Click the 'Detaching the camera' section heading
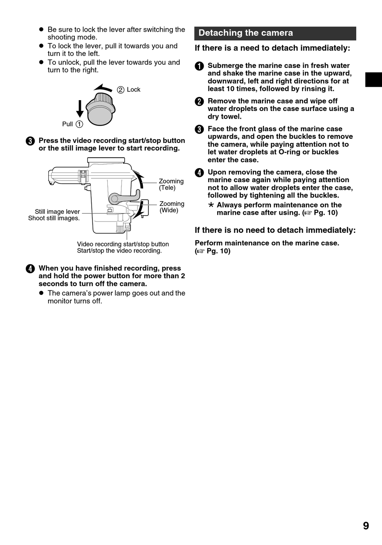click(x=246, y=33)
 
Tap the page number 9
click(x=366, y=526)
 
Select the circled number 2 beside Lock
click(x=121, y=90)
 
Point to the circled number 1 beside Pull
click(x=79, y=124)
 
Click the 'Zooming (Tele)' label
click(x=171, y=185)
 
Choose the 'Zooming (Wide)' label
click(x=172, y=207)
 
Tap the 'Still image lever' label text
click(x=57, y=212)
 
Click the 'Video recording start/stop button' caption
click(x=123, y=244)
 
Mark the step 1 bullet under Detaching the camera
click(x=199, y=66)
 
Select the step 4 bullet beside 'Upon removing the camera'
click(x=199, y=173)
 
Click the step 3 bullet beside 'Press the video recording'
click(x=30, y=141)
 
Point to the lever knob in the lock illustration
click(x=101, y=109)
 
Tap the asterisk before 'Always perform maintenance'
click(x=211, y=205)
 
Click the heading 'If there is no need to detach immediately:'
click(x=275, y=230)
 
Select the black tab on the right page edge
click(x=374, y=80)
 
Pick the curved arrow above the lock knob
click(x=103, y=87)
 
